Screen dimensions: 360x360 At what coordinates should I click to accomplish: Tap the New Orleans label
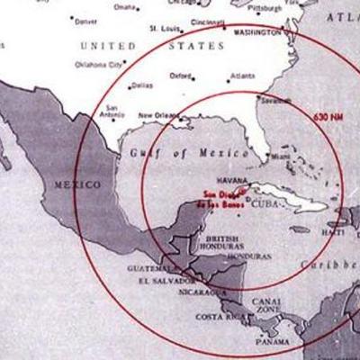coord(156,115)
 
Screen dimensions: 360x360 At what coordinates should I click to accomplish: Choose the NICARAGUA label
coord(198,292)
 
